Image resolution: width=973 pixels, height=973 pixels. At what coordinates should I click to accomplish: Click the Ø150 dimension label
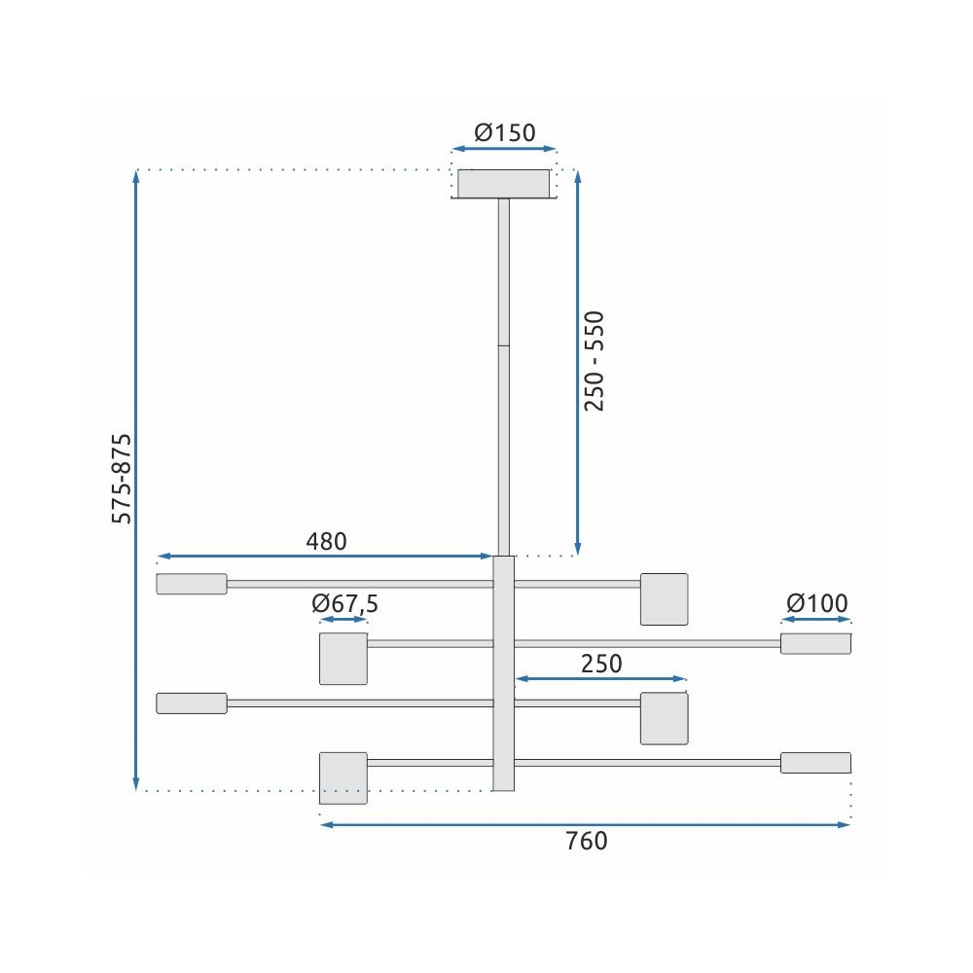tap(504, 132)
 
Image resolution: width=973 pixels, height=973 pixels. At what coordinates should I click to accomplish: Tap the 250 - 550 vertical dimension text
tap(595, 360)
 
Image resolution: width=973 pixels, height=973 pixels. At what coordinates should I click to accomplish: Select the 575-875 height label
tap(122, 479)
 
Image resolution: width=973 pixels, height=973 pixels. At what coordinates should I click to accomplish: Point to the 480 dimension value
tap(326, 541)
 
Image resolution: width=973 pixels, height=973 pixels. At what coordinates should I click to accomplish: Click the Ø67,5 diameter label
tap(344, 603)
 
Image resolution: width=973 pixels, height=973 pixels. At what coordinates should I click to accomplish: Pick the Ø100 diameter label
tap(816, 603)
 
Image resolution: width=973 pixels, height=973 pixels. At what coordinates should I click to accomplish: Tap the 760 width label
tap(586, 841)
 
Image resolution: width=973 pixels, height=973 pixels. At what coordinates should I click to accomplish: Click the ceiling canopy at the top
tap(504, 183)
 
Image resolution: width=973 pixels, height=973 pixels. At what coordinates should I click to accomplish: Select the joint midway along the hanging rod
tap(503, 344)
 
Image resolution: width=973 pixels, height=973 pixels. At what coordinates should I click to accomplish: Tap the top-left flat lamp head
tap(192, 584)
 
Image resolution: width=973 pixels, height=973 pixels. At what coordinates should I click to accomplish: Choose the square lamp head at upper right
tap(664, 598)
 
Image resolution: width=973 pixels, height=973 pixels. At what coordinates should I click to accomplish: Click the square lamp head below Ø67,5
tap(343, 659)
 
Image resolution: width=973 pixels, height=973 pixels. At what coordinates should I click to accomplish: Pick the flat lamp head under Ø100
tap(815, 643)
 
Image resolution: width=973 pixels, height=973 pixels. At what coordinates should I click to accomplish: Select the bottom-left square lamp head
tap(343, 776)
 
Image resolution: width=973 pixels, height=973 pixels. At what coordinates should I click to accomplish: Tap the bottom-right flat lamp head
tap(815, 762)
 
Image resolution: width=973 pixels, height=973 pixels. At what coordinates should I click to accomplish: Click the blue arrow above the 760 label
tap(586, 825)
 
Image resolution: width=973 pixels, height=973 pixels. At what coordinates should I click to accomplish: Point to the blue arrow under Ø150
tap(504, 149)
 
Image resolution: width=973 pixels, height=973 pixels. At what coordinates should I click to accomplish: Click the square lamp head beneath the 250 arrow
tap(664, 718)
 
